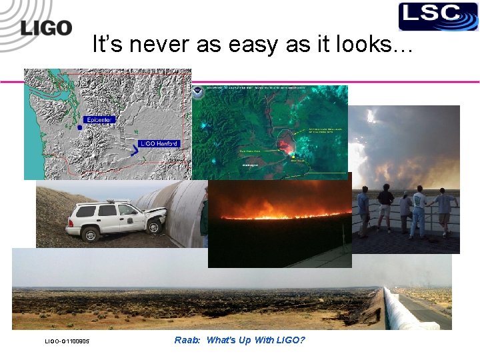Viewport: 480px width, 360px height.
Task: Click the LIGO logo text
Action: [x=45, y=27]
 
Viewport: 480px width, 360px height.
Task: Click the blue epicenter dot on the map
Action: [x=80, y=127]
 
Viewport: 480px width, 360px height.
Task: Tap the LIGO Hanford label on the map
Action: [x=159, y=143]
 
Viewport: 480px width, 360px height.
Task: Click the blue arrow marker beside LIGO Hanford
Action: [x=135, y=151]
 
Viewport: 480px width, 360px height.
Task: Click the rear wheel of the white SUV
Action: [x=88, y=234]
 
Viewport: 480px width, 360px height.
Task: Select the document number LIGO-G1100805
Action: [x=67, y=342]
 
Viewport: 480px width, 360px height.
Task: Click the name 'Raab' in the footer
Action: [x=185, y=341]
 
